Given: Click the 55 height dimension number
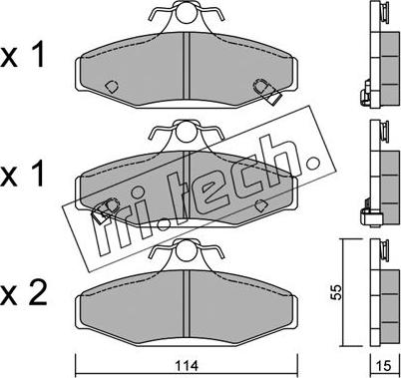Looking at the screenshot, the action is (x=337, y=292).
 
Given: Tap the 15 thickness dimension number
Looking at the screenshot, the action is (x=384, y=366).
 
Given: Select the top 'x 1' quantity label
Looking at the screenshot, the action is (x=22, y=56).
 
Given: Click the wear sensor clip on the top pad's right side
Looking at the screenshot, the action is (x=267, y=91).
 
